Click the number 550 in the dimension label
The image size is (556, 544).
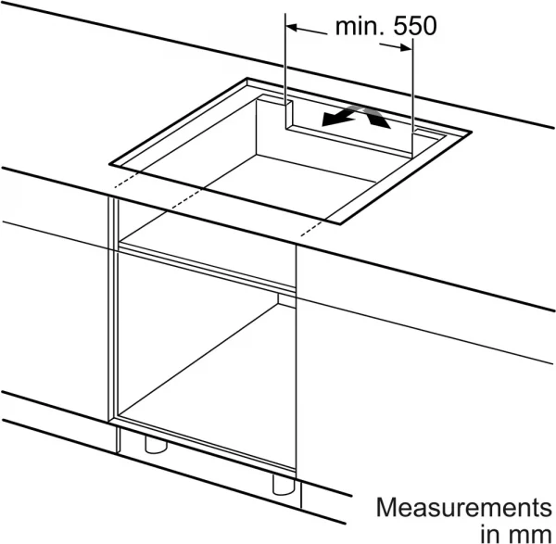click(x=415, y=26)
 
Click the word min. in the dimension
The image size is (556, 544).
click(x=360, y=26)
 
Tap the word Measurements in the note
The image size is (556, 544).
click(x=464, y=508)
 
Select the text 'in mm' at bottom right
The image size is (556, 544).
click(x=516, y=533)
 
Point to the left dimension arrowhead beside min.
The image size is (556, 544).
click(x=292, y=27)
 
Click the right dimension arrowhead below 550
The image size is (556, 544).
click(x=406, y=47)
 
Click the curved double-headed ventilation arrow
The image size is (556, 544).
click(x=356, y=117)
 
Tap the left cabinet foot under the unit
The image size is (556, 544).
click(x=156, y=445)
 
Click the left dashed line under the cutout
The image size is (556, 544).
click(x=127, y=180)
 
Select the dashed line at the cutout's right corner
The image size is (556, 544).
click(x=312, y=228)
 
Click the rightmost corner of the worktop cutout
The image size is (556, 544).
click(x=472, y=132)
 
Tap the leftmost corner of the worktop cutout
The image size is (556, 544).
click(x=110, y=165)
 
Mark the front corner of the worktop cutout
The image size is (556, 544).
click(x=340, y=224)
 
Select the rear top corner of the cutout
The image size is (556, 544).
click(x=247, y=79)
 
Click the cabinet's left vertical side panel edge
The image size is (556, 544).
click(x=113, y=309)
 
